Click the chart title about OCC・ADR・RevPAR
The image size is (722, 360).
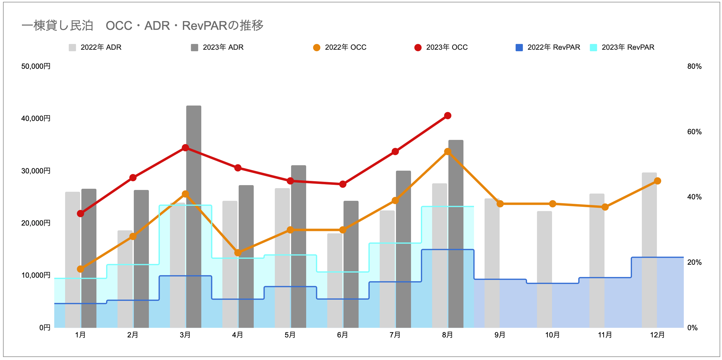coord(142,26)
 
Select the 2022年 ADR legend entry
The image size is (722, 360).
coord(95,47)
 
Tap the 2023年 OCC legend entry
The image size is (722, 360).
coord(441,47)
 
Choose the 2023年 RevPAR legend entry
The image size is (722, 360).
coord(622,47)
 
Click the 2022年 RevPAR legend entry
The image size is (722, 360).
coord(548,47)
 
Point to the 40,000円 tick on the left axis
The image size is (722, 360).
coord(36,118)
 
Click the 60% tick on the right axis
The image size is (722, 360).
coord(694,132)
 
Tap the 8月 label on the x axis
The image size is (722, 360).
coord(447,335)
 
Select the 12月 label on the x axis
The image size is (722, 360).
coord(657,335)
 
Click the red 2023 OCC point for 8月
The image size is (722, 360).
coord(447,116)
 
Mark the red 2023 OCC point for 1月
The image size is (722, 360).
coord(80,213)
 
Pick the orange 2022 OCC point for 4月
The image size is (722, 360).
coord(238,253)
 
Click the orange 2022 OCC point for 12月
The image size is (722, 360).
coord(658,181)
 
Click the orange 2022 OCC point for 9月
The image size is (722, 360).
coord(500,204)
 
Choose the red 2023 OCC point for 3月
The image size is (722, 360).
coord(185,148)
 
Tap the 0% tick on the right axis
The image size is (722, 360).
coord(692,328)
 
